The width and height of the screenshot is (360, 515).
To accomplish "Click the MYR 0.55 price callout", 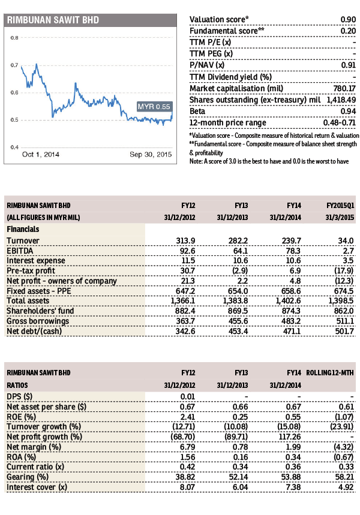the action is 154,106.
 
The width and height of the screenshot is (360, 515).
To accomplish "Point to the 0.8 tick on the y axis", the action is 14,38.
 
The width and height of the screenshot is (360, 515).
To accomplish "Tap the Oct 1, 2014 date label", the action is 40,154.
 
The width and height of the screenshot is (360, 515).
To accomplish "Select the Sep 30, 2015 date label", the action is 151,154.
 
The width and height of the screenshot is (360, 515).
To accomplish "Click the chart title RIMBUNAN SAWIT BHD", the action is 53,20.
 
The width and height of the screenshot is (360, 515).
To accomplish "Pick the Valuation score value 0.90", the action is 348,19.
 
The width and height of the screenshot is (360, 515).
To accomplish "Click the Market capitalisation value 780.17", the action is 344,88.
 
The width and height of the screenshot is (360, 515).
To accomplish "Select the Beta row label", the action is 197,111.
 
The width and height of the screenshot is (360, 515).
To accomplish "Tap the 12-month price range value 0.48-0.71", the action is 339,123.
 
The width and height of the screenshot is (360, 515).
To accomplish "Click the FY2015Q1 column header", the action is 340,206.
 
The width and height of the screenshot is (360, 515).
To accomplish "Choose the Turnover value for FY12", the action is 185,241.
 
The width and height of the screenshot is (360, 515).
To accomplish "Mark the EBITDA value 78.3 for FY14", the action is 293,251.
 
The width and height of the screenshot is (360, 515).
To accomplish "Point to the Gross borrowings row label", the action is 38,321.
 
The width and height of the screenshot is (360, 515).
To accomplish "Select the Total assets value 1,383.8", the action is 235,301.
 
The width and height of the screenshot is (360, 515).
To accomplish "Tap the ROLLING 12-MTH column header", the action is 330,373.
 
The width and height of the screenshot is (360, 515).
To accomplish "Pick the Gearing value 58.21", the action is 344,477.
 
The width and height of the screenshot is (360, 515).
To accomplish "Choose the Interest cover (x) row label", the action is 37,487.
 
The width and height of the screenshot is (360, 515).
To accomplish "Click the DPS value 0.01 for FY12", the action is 187,397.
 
